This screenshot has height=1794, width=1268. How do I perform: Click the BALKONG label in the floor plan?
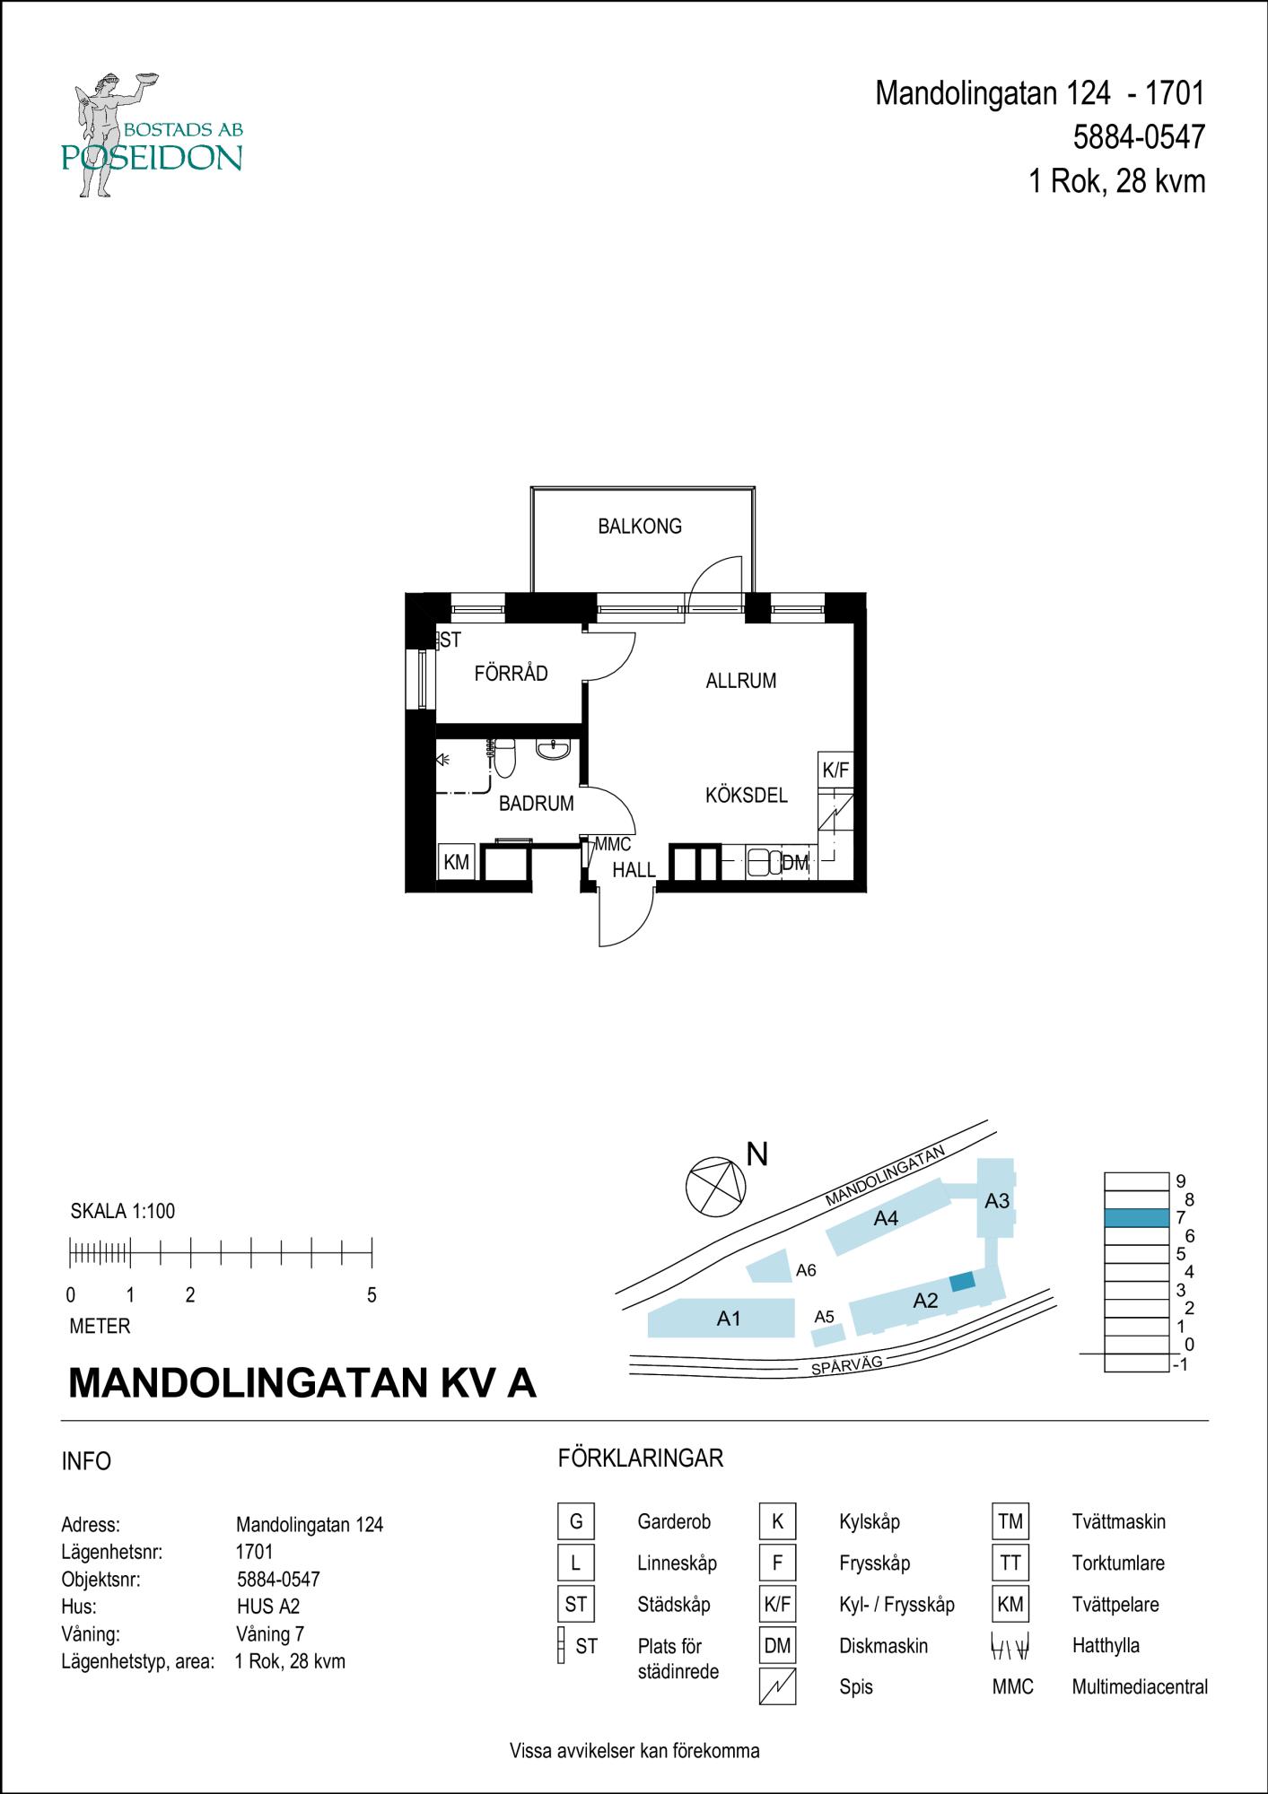coord(640,527)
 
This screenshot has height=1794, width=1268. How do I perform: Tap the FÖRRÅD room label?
coord(511,674)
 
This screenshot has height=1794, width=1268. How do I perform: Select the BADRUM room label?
coord(536,804)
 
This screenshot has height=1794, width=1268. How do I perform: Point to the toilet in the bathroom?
coord(505,759)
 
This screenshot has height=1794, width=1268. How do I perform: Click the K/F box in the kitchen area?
coord(835,770)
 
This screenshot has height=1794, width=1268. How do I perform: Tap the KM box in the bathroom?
coord(456,863)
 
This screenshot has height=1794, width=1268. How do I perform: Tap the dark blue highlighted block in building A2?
coord(962,1282)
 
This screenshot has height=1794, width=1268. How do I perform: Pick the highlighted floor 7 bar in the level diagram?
coord(1136,1218)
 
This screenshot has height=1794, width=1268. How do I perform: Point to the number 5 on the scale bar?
coord(372,1295)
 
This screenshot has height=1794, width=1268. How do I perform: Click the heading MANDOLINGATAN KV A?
coord(302,1384)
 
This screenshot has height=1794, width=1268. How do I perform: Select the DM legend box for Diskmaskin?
coord(777,1646)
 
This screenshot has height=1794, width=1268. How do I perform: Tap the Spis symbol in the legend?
coord(777,1686)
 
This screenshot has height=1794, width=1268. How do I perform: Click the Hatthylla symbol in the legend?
coord(1010,1646)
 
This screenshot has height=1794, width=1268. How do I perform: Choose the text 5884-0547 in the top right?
coord(1139,137)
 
